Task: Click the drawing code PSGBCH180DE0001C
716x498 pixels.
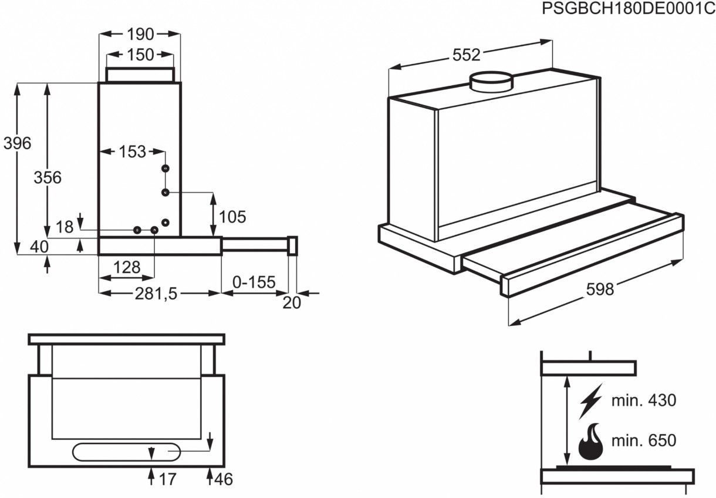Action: [629, 8]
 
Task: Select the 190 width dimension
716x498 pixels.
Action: [140, 34]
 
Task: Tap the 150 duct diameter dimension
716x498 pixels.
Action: [140, 55]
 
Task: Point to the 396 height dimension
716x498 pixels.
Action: [17, 143]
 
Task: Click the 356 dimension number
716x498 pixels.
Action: [48, 177]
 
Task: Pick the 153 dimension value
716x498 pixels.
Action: [132, 152]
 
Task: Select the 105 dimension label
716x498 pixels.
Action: [232, 217]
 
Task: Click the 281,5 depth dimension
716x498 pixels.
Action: [156, 294]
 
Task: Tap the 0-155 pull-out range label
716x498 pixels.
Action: [254, 282]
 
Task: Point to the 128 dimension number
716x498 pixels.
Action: [127, 267]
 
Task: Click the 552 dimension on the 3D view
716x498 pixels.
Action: [467, 55]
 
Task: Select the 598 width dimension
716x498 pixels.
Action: [600, 290]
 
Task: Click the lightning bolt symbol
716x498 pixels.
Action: [591, 401]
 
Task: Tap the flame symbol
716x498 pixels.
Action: [590, 442]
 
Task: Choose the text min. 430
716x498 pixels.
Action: [644, 400]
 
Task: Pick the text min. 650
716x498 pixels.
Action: [644, 440]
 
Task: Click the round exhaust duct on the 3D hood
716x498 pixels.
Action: [491, 82]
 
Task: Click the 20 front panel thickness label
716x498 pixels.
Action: [292, 303]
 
